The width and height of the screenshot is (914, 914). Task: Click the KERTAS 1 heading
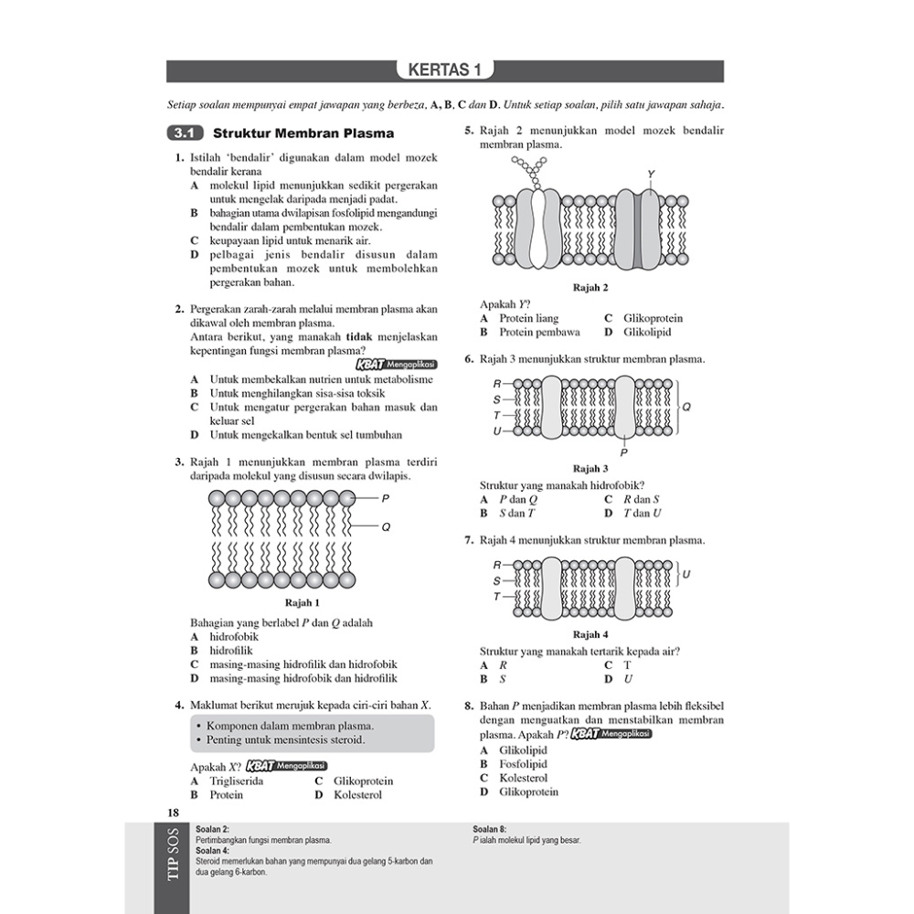pyautogui.click(x=444, y=71)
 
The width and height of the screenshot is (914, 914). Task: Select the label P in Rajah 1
pyautogui.click(x=385, y=498)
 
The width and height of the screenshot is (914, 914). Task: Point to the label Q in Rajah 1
pyautogui.click(x=385, y=526)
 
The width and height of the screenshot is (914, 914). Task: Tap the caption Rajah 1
pyautogui.click(x=303, y=602)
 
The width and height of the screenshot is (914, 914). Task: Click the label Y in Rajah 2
pyautogui.click(x=650, y=174)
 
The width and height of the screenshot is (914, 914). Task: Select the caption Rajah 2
pyautogui.click(x=590, y=288)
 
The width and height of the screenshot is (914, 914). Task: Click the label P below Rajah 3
pyautogui.click(x=624, y=452)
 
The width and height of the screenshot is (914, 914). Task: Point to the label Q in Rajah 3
pyautogui.click(x=686, y=407)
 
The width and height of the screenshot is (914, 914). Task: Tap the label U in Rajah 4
pyautogui.click(x=686, y=575)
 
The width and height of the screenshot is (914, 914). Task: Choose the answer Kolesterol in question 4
pyautogui.click(x=357, y=795)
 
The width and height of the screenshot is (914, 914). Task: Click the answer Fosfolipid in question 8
pyautogui.click(x=523, y=764)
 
